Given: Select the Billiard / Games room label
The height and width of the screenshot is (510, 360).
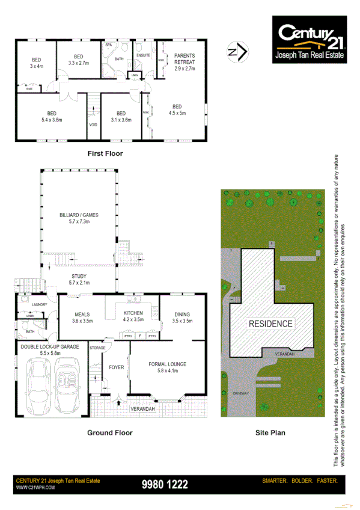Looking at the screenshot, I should [79, 218].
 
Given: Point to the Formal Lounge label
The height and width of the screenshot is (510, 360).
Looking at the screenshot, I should [168, 367].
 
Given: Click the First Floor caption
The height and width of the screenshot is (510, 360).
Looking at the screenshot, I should [105, 153].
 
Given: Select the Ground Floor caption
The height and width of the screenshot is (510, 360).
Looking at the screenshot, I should [109, 432].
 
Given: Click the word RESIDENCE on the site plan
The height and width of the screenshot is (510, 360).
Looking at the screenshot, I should [271, 324].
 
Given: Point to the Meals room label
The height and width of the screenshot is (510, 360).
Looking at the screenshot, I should [82, 318].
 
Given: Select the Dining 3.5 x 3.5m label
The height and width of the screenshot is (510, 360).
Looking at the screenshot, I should [182, 318].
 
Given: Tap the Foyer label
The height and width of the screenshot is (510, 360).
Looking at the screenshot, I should [117, 367].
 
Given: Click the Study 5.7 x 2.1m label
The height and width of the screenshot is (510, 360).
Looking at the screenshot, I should [79, 280].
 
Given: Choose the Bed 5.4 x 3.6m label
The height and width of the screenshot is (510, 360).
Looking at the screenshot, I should [51, 117].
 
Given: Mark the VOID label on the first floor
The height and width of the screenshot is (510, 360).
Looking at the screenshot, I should [93, 124].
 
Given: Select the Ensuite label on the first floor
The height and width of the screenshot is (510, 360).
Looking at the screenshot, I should [143, 55].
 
